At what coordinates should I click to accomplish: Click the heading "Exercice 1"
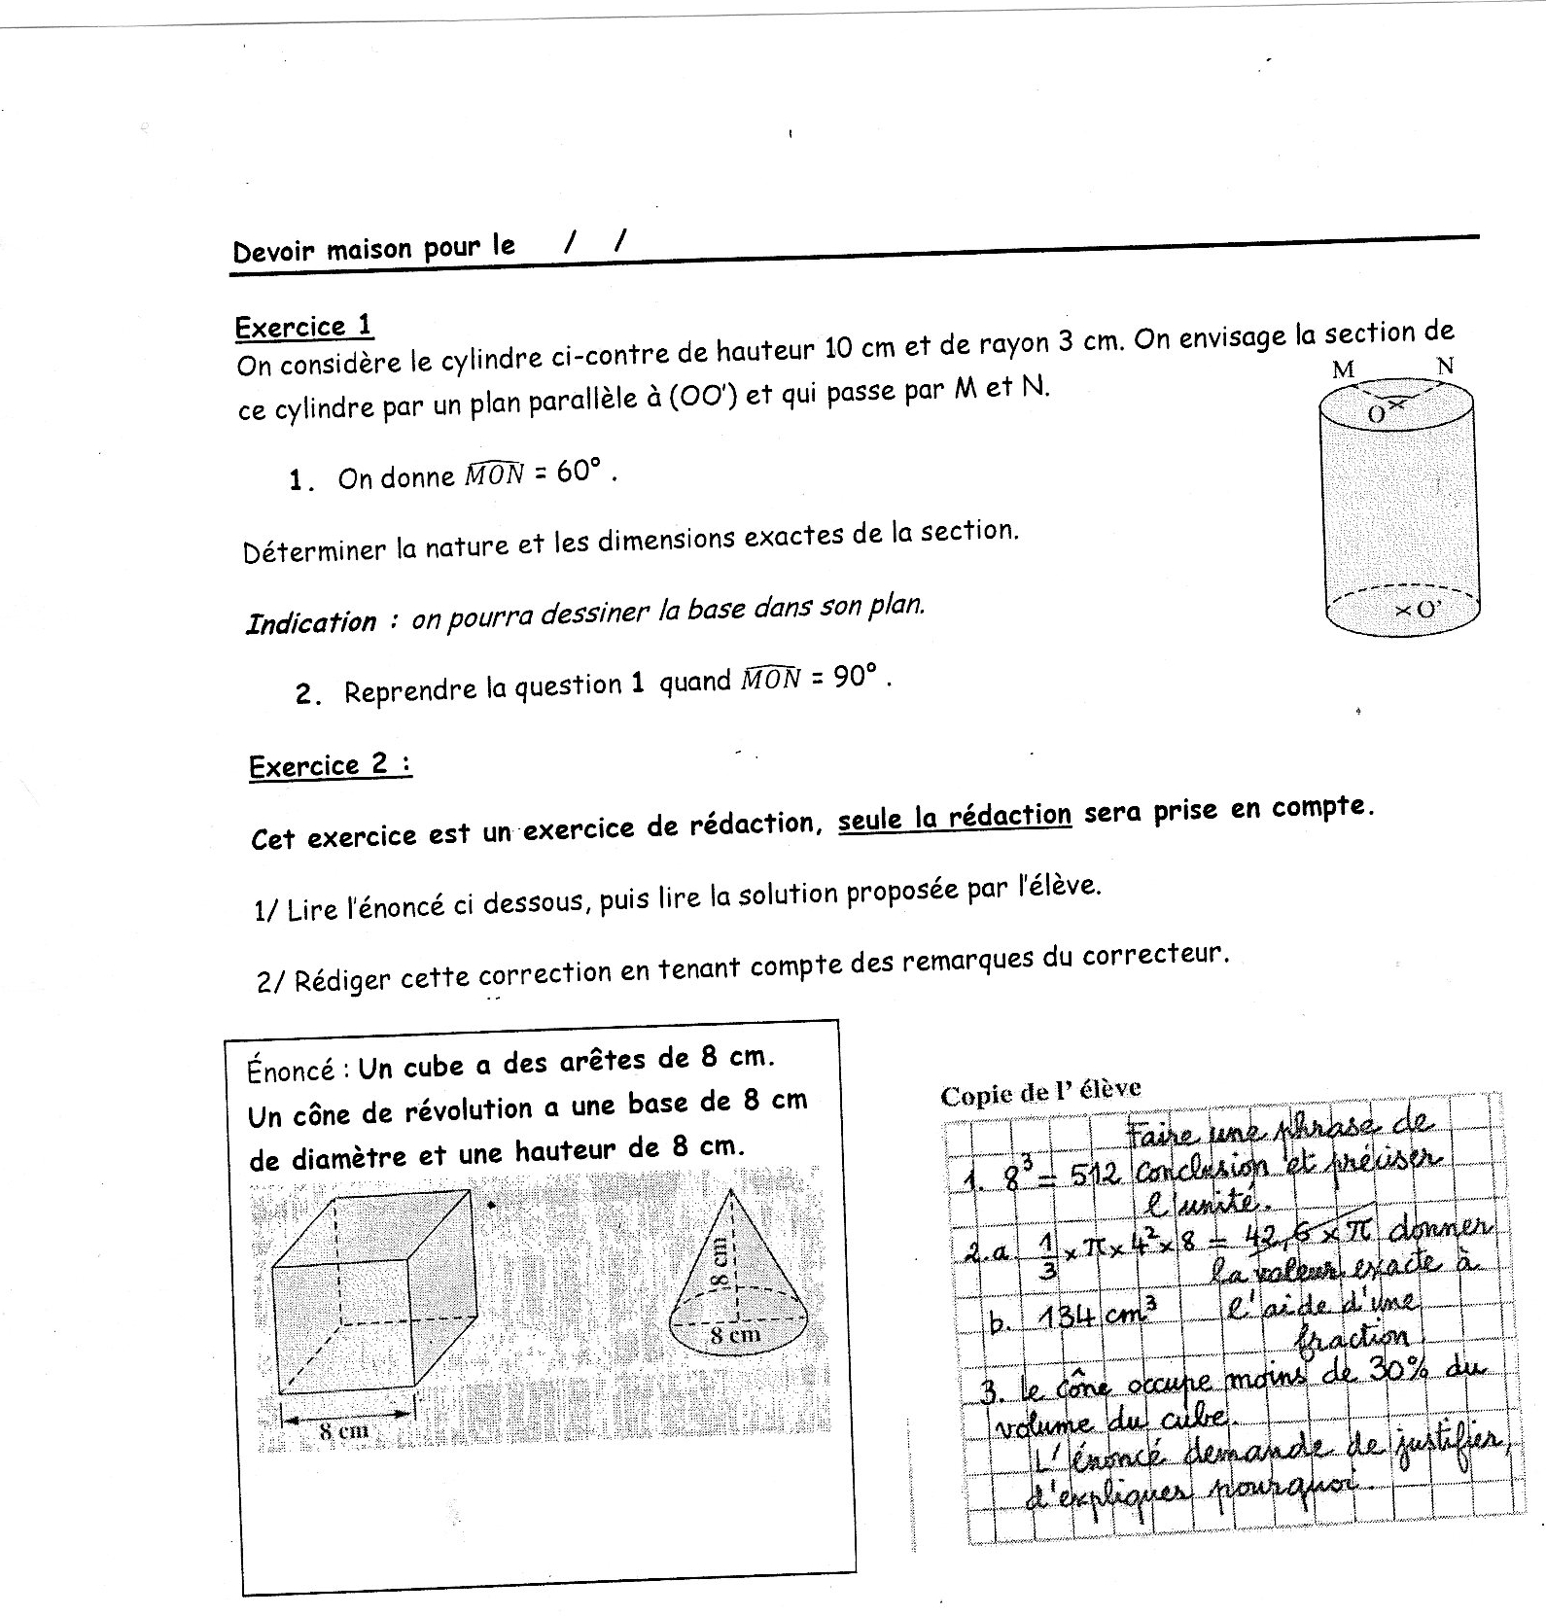click(x=303, y=327)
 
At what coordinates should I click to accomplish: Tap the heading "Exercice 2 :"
click(x=331, y=766)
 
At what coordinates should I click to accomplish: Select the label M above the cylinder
click(x=1343, y=369)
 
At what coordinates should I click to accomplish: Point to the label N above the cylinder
click(x=1445, y=366)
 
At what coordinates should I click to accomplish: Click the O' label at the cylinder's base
click(x=1419, y=611)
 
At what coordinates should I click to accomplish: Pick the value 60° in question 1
click(x=580, y=472)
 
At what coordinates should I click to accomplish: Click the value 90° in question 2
click(x=855, y=677)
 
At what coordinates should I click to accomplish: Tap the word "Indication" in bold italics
click(x=310, y=622)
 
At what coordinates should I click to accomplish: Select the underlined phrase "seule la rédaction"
click(x=954, y=816)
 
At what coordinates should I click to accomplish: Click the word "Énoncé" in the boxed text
click(x=291, y=1071)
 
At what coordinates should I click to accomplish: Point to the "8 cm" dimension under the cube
click(x=344, y=1430)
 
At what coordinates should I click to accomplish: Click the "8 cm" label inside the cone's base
click(x=734, y=1334)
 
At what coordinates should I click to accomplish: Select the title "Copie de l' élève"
click(x=1040, y=1093)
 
